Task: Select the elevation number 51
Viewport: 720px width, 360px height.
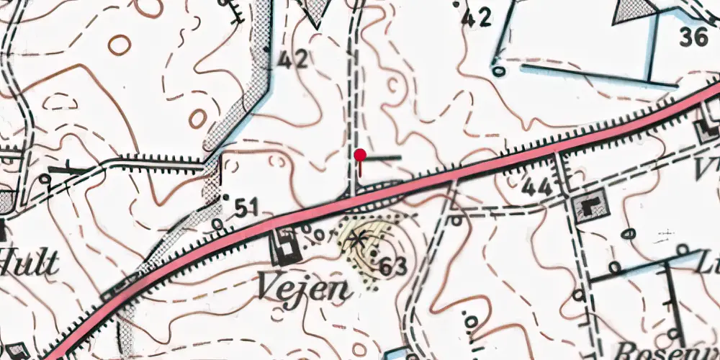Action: [246, 208]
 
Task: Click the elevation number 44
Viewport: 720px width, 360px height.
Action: [538, 188]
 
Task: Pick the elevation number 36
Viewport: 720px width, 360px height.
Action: [693, 37]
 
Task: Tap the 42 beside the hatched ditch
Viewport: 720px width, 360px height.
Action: [292, 59]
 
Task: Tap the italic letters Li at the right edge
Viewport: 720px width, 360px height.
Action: [711, 264]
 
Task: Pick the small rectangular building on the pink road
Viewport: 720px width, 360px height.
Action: [111, 294]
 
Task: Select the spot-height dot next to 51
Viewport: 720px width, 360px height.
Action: [226, 196]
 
